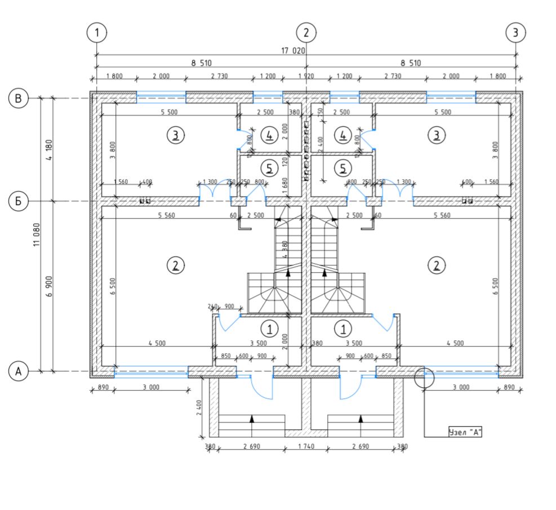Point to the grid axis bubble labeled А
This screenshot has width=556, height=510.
(x=19, y=371)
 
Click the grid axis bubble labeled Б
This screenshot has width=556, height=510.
(x=19, y=201)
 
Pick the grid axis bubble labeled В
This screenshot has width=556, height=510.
(x=19, y=99)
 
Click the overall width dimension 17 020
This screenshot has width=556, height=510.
(x=293, y=50)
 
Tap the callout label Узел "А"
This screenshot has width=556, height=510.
(x=465, y=432)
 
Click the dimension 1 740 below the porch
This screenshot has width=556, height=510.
(x=305, y=446)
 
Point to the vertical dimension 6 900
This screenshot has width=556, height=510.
(x=50, y=286)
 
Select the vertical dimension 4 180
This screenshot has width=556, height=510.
(x=50, y=150)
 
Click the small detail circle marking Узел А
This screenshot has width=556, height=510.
(x=424, y=377)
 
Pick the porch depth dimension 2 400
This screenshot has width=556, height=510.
(x=199, y=406)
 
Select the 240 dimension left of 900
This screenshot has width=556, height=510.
(x=212, y=307)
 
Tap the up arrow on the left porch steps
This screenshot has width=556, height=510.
(x=252, y=419)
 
